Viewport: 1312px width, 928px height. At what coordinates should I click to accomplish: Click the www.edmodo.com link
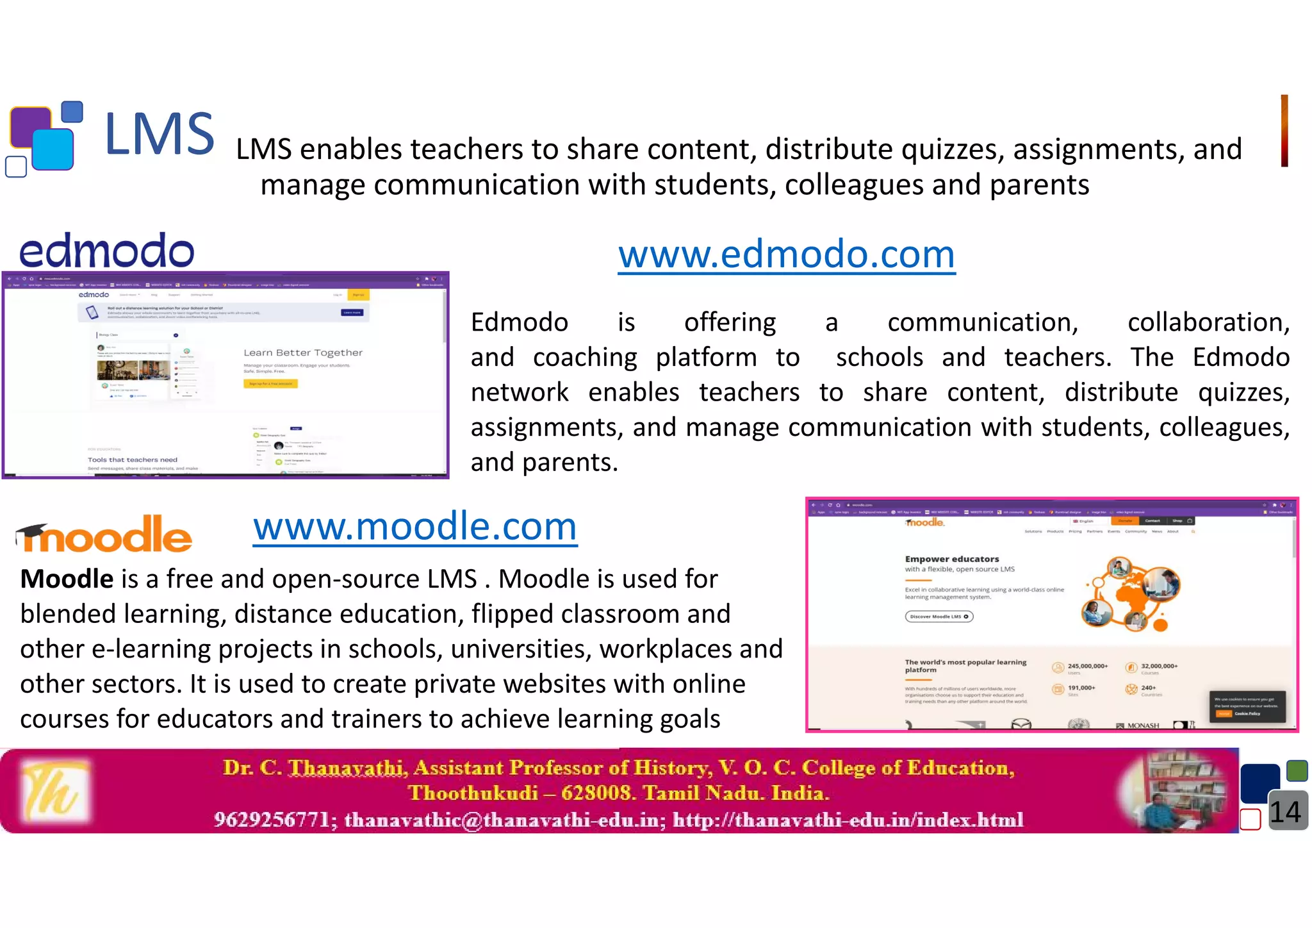click(786, 254)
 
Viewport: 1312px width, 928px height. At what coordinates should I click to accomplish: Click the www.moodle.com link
click(415, 527)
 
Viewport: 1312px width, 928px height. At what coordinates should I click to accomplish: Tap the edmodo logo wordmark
click(106, 251)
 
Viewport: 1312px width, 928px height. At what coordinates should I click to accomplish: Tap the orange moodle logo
click(104, 535)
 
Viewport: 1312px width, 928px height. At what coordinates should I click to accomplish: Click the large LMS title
click(160, 134)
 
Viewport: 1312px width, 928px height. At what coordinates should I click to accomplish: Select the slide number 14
click(1284, 813)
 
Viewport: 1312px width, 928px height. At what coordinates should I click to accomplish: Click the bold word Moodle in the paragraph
click(67, 579)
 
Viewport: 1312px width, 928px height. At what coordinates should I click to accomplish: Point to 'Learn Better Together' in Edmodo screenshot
click(303, 352)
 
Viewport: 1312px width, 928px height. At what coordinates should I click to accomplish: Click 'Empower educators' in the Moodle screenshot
click(951, 559)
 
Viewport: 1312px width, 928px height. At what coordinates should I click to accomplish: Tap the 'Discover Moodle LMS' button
click(939, 617)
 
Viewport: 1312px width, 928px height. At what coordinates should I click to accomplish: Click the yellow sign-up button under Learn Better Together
click(270, 384)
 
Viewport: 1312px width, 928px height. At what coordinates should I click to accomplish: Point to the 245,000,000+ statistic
click(1087, 666)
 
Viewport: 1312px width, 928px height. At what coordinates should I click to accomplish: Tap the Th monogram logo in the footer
click(54, 791)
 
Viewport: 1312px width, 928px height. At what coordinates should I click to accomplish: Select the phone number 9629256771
click(272, 820)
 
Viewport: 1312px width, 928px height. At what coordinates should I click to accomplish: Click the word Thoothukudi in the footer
click(473, 793)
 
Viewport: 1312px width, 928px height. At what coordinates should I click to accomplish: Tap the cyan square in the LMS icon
click(53, 149)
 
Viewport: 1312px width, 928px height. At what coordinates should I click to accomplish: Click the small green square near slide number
click(1297, 770)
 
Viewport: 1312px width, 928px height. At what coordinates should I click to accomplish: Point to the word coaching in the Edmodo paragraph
click(585, 357)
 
